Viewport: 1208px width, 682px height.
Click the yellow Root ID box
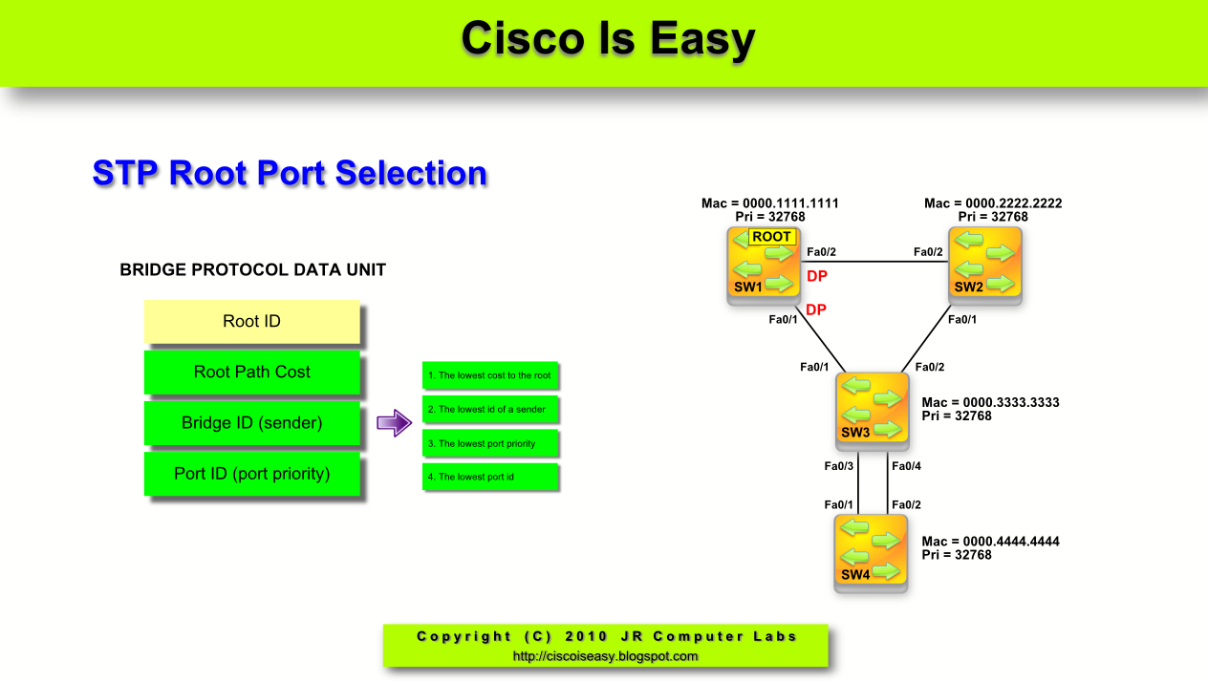(x=251, y=322)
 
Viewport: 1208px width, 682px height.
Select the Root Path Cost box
(x=251, y=373)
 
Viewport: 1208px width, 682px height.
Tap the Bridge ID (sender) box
(x=251, y=423)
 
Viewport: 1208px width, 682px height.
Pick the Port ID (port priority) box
(x=251, y=474)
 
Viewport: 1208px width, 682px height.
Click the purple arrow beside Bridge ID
(x=393, y=423)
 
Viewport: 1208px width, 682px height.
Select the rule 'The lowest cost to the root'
(x=489, y=375)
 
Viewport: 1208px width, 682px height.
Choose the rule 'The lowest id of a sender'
(x=489, y=409)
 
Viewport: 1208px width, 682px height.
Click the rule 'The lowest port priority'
(x=489, y=443)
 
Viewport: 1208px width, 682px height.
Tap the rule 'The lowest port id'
(x=489, y=477)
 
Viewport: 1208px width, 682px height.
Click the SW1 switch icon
(x=763, y=266)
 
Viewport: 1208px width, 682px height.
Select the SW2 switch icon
(x=984, y=266)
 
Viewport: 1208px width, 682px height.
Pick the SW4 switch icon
(x=871, y=553)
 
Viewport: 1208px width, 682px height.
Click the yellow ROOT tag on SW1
(x=771, y=237)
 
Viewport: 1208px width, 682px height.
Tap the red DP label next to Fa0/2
(x=817, y=276)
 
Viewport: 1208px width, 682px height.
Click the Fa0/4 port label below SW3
(x=906, y=466)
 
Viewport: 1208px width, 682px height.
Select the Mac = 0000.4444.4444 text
(x=990, y=542)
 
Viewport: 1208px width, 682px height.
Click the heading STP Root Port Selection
(x=290, y=174)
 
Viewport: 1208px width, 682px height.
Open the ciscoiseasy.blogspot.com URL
(x=605, y=656)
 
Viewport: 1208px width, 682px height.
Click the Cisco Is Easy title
(x=608, y=39)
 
